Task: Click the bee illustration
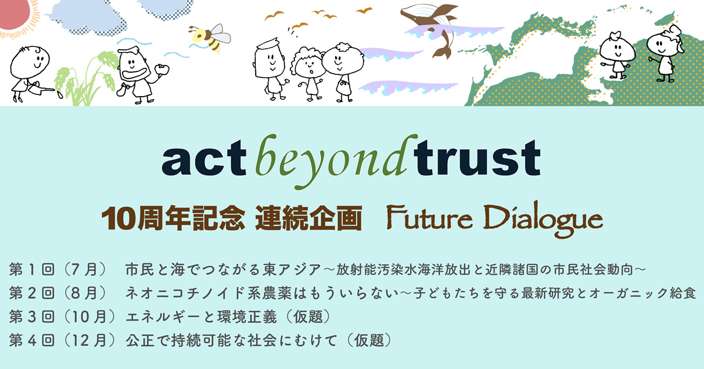click(209, 37)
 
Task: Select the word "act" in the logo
click(204, 158)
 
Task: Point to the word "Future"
click(429, 218)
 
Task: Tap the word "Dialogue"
click(543, 219)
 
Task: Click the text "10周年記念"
click(173, 218)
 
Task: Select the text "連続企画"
click(309, 218)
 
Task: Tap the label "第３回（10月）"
click(63, 317)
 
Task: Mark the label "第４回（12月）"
click(63, 340)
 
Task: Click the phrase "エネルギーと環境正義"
click(201, 317)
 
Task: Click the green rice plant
click(85, 79)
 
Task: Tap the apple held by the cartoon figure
click(161, 69)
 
